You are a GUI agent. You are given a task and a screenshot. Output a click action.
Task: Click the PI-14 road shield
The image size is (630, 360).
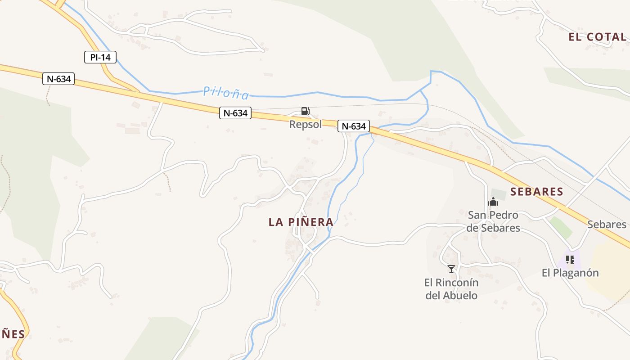pyautogui.click(x=100, y=57)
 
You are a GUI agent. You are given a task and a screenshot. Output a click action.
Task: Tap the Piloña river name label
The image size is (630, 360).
pyautogui.click(x=226, y=93)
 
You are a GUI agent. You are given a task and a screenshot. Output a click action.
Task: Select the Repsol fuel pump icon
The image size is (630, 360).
pyautogui.click(x=305, y=111)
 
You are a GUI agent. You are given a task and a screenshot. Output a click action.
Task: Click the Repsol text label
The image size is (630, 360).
pyautogui.click(x=306, y=124)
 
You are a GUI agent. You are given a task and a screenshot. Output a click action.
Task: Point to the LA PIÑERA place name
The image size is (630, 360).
pyautogui.click(x=301, y=222)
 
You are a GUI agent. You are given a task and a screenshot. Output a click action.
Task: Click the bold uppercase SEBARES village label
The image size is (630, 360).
pyautogui.click(x=537, y=192)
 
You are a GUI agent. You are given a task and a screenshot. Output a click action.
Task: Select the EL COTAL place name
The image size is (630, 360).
pyautogui.click(x=598, y=37)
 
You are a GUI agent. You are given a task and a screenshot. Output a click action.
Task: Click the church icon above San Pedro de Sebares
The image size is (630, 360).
pyautogui.click(x=493, y=202)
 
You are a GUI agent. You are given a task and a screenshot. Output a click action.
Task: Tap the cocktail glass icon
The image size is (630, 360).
pyautogui.click(x=451, y=269)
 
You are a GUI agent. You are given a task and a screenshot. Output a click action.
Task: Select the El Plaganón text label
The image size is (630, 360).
pyautogui.click(x=570, y=273)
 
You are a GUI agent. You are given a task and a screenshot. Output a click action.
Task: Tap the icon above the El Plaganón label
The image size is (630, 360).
pyautogui.click(x=570, y=260)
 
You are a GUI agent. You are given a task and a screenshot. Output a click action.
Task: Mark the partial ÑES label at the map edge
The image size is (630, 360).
pyautogui.click(x=13, y=334)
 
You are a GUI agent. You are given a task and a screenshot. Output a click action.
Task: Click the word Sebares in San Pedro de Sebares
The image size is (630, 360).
pyautogui.click(x=499, y=228)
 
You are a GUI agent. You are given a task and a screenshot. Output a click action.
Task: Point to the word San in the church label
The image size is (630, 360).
pyautogui.click(x=477, y=215)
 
